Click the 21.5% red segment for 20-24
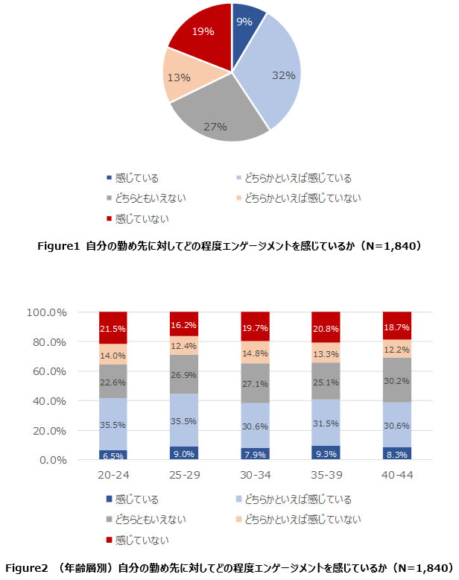(x=113, y=328)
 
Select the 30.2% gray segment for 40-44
(x=396, y=379)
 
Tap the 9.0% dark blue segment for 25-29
(x=184, y=453)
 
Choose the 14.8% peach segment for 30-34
(x=255, y=353)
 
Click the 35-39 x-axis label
(x=326, y=475)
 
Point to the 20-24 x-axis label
(x=113, y=475)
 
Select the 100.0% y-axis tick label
(x=47, y=312)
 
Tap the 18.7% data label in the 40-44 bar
(x=396, y=327)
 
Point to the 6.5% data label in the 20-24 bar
(x=113, y=455)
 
